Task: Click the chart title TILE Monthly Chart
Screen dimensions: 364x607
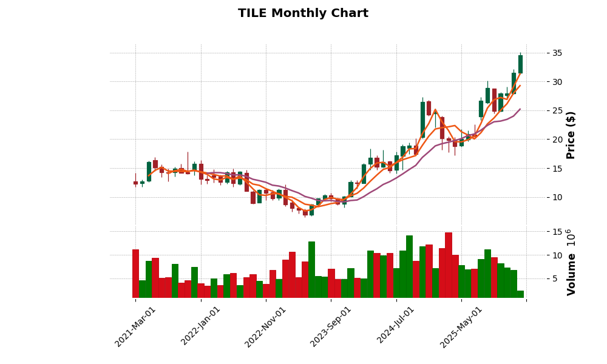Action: [303, 13]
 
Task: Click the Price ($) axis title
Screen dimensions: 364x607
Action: [571, 135]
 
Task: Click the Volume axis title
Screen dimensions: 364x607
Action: [571, 263]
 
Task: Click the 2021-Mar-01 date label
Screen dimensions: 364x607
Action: [136, 326]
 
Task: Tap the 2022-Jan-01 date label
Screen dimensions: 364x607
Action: [201, 326]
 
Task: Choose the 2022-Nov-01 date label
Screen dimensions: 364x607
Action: [266, 326]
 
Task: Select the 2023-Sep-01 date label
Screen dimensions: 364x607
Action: [331, 326]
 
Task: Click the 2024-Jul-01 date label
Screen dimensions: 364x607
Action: [396, 326]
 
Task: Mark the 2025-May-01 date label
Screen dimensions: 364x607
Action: [461, 326]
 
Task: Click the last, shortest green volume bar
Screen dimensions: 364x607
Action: [520, 294]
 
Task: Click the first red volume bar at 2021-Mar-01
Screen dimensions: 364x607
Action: [135, 274]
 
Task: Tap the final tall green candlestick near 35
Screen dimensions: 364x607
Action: [520, 64]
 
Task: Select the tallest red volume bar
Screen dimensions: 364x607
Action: [449, 265]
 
